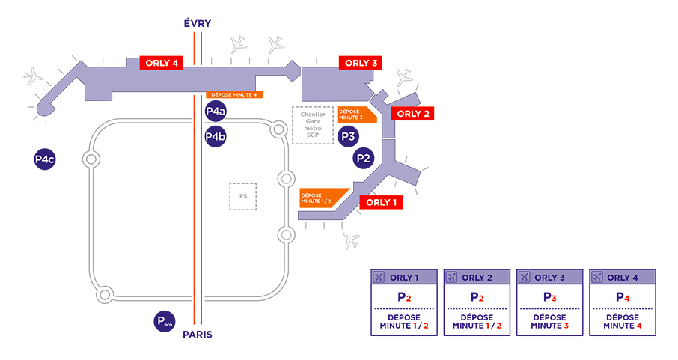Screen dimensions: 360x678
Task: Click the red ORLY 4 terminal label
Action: (161, 63)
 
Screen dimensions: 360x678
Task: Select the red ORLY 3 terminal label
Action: (361, 63)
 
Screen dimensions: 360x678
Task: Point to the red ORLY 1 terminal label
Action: (381, 202)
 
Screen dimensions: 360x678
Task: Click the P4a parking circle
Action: (216, 112)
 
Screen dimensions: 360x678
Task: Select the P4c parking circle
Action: (45, 159)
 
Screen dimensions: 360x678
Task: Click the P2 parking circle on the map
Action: (364, 159)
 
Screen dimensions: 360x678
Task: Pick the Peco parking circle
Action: (164, 322)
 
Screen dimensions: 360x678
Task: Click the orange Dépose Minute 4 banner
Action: (233, 95)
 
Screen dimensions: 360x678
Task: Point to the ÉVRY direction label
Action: (198, 24)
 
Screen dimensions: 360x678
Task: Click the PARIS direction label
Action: (198, 335)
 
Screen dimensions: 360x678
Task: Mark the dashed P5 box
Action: (242, 196)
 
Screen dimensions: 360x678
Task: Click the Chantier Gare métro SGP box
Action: (312, 124)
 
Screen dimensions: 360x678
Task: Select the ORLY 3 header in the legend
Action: (550, 277)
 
